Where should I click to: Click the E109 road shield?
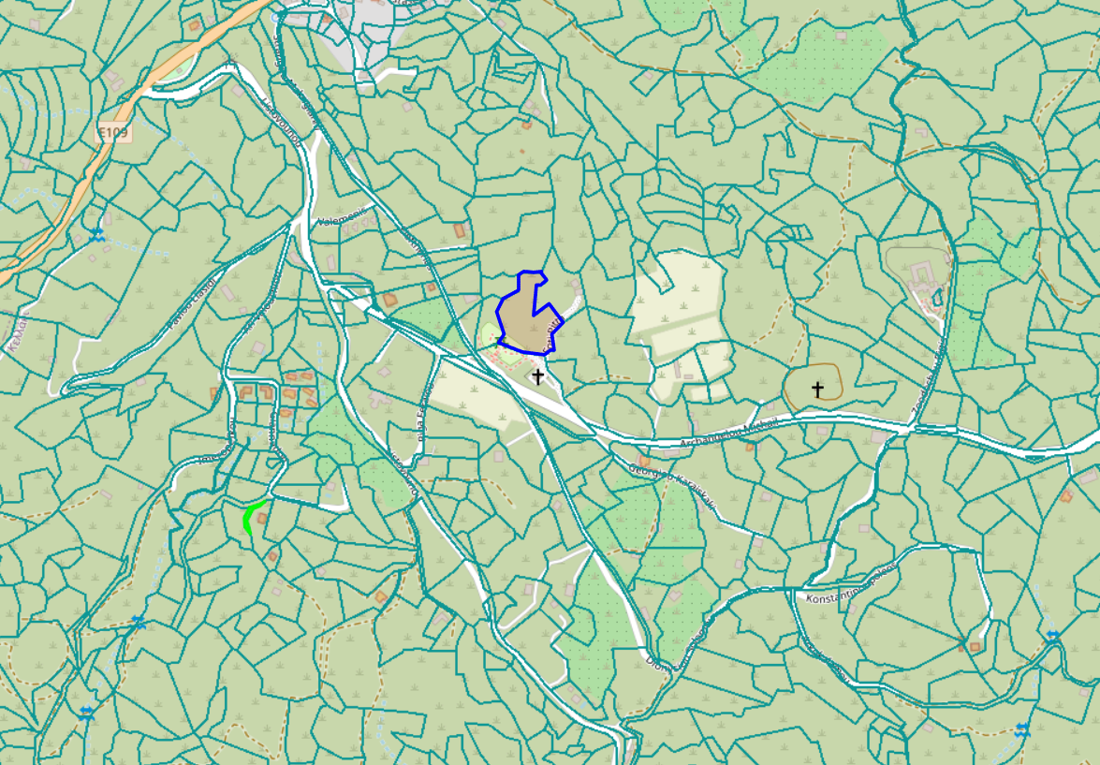point(112,133)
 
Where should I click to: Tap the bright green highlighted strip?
point(250,517)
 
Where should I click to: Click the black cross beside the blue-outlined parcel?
point(538,376)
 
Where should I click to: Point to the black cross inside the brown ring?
point(817,390)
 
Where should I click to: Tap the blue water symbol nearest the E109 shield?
point(96,234)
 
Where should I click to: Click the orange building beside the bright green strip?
point(272,556)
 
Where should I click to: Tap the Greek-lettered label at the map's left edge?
point(14,333)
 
